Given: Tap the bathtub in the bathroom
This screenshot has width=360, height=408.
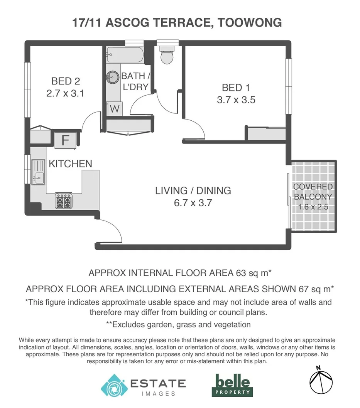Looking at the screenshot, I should (x=125, y=56).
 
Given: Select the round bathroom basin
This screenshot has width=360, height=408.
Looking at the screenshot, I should (x=112, y=77).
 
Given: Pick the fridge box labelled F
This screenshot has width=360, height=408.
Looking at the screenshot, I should (x=66, y=140).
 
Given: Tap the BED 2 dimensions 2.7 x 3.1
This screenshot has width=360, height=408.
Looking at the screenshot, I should (x=65, y=93).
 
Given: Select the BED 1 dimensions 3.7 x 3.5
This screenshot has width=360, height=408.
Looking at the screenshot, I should (x=236, y=100).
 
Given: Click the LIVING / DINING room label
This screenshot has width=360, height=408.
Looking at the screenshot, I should (x=193, y=190).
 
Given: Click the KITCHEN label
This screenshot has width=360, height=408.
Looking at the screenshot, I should (x=70, y=164).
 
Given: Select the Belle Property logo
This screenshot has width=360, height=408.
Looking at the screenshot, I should (x=233, y=384).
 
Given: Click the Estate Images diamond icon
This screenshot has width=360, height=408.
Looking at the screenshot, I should (x=114, y=385).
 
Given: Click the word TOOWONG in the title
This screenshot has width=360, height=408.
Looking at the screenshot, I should (x=250, y=22).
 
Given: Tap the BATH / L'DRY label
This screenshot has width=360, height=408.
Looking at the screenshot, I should (x=135, y=81).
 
